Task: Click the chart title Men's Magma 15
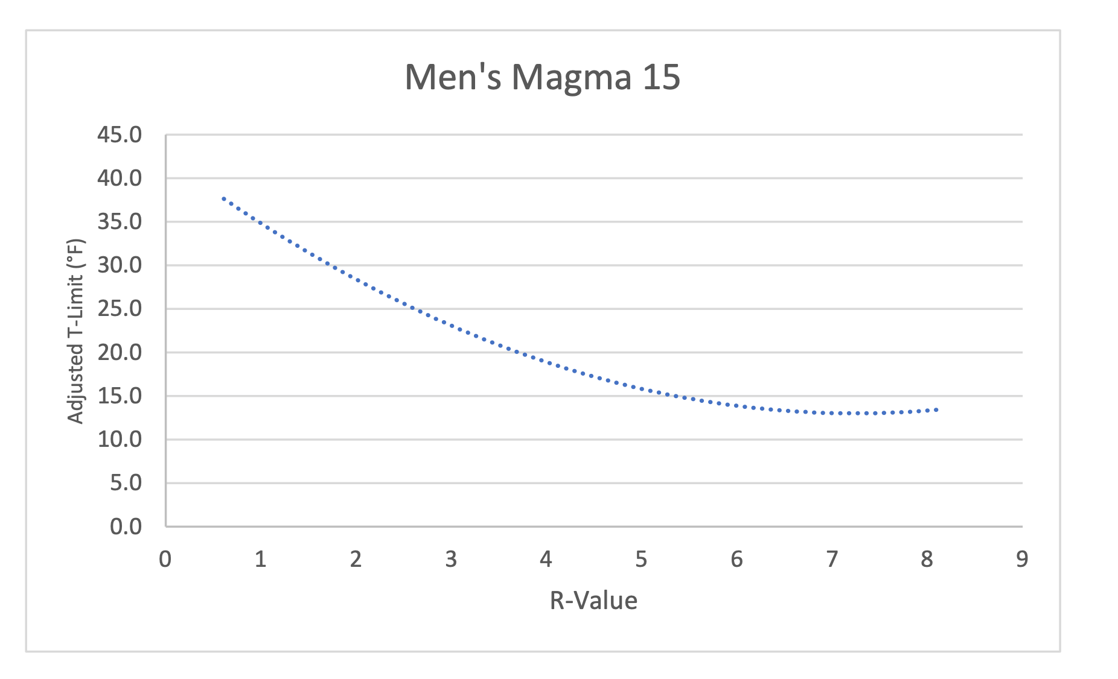pyautogui.click(x=542, y=77)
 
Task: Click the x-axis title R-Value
pyautogui.click(x=593, y=601)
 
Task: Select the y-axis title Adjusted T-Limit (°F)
pyautogui.click(x=75, y=332)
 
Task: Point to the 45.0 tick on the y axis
pyautogui.click(x=120, y=135)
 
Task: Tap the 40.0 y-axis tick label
pyautogui.click(x=120, y=178)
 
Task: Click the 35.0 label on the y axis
pyautogui.click(x=120, y=222)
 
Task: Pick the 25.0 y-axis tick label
pyautogui.click(x=120, y=309)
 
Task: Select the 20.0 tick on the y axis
pyautogui.click(x=120, y=352)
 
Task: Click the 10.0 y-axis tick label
pyautogui.click(x=120, y=440)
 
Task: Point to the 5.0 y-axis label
pyautogui.click(x=126, y=483)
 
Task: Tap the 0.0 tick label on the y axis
pyautogui.click(x=126, y=526)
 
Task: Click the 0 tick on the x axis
pyautogui.click(x=165, y=560)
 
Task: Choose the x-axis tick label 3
pyautogui.click(x=451, y=560)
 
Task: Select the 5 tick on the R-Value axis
pyautogui.click(x=641, y=560)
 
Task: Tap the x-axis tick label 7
pyautogui.click(x=832, y=560)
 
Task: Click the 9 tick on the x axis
pyautogui.click(x=1022, y=560)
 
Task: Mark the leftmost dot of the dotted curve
pyautogui.click(x=223, y=198)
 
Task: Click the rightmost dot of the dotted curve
pyautogui.click(x=936, y=409)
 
